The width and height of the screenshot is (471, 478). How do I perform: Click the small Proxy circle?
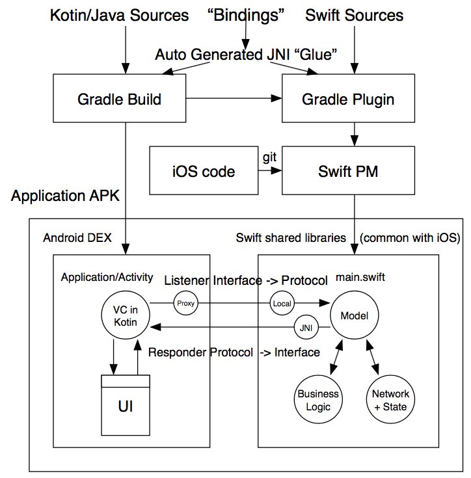click(x=183, y=303)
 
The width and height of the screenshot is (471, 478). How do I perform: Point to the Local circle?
click(x=282, y=303)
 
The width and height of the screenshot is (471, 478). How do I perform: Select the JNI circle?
click(x=304, y=328)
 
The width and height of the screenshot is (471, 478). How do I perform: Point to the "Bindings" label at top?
click(x=246, y=14)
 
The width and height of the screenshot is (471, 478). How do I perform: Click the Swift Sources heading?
click(x=354, y=14)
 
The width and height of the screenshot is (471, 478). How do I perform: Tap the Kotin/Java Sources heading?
click(x=119, y=14)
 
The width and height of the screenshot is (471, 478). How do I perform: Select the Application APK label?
click(x=66, y=196)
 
